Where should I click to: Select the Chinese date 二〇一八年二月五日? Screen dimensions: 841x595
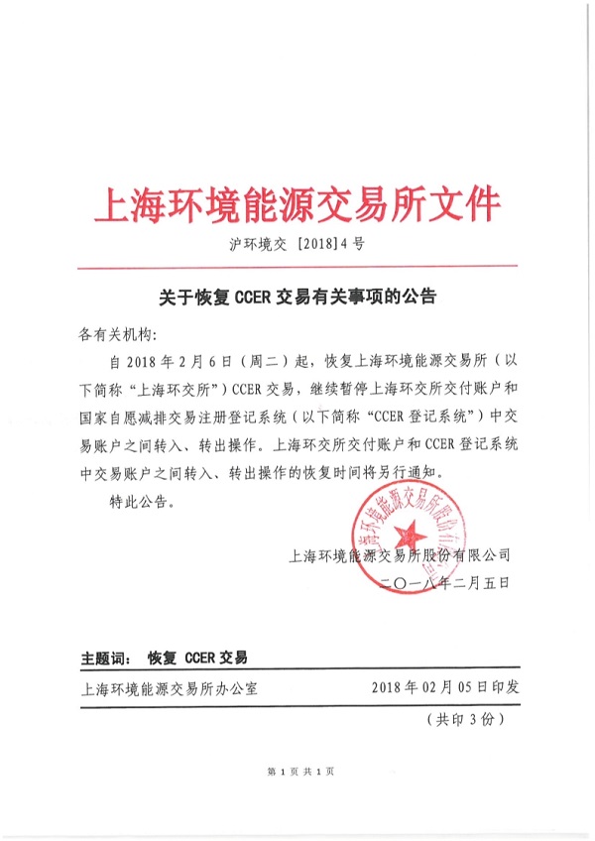point(443,585)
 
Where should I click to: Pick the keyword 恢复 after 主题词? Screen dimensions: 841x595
point(162,658)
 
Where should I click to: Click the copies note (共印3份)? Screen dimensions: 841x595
point(465,718)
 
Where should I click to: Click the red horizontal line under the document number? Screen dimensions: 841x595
point(297,267)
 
